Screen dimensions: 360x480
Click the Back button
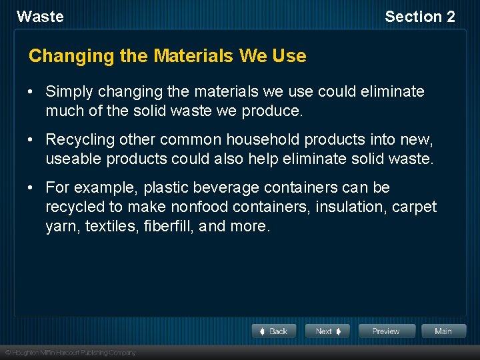coord(274,331)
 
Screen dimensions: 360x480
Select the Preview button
coord(386,331)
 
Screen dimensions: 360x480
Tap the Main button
coord(443,331)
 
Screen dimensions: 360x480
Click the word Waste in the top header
coord(40,17)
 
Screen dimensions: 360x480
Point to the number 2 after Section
coord(450,17)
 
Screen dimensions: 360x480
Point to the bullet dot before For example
coord(32,188)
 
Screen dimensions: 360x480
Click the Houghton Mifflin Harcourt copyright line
coord(70,352)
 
